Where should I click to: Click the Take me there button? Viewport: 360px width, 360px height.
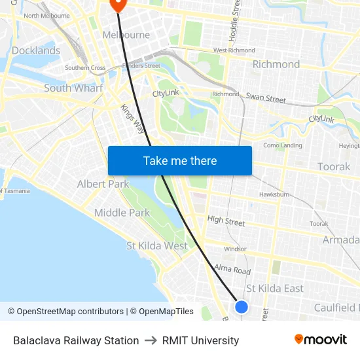(x=180, y=160)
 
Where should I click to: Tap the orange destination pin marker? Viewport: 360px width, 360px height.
(x=118, y=4)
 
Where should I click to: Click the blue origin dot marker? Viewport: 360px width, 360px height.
(x=242, y=306)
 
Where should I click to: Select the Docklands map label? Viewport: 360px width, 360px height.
(x=35, y=50)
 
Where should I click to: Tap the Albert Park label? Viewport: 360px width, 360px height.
(x=103, y=184)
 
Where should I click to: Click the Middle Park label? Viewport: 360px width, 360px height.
(x=122, y=213)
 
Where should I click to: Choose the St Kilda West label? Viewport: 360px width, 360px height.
(x=157, y=246)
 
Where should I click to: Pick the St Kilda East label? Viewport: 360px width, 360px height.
(x=275, y=289)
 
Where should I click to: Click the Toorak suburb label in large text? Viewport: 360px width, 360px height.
(x=334, y=167)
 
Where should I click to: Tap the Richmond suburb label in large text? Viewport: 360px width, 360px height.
(x=276, y=64)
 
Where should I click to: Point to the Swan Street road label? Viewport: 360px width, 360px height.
(x=266, y=98)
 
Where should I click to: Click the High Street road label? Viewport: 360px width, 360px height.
(x=226, y=221)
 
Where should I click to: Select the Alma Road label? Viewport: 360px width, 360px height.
(x=232, y=270)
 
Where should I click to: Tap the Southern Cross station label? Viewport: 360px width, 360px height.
(x=85, y=67)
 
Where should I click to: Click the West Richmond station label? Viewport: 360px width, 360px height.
(x=234, y=50)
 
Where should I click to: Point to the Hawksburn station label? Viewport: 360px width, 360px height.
(x=274, y=194)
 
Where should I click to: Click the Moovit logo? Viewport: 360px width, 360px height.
(x=320, y=340)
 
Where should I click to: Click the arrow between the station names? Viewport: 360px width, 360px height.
(x=151, y=340)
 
